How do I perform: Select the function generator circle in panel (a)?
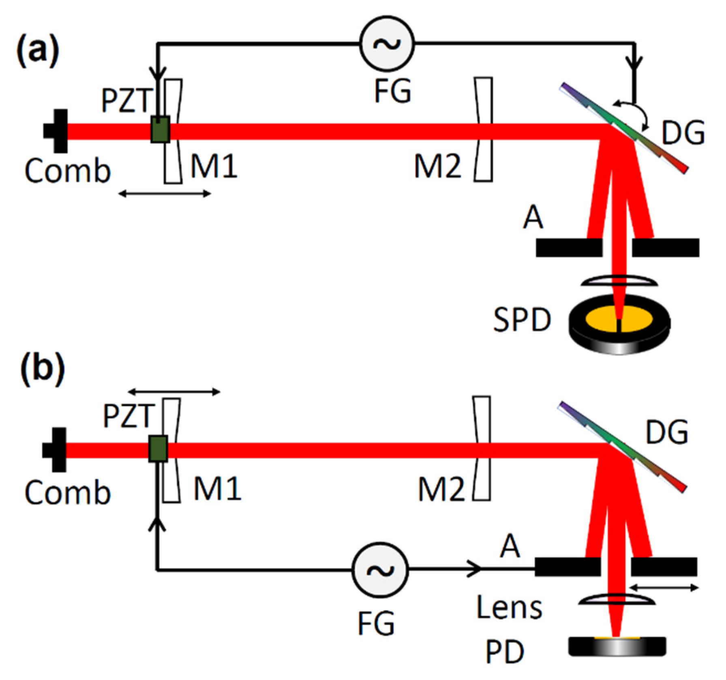click(x=387, y=44)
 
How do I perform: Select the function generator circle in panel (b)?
click(x=380, y=570)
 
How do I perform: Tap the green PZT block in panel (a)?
click(x=161, y=129)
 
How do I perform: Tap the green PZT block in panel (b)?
click(x=158, y=449)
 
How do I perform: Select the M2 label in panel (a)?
click(x=438, y=167)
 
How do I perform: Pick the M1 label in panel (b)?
click(x=217, y=489)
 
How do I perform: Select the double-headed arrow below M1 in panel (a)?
click(x=165, y=194)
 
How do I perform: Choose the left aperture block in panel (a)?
click(x=569, y=248)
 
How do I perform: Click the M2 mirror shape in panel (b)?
click(x=482, y=448)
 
